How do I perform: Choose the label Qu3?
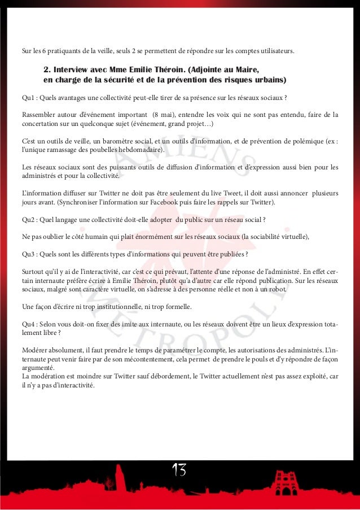pos(28,253)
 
